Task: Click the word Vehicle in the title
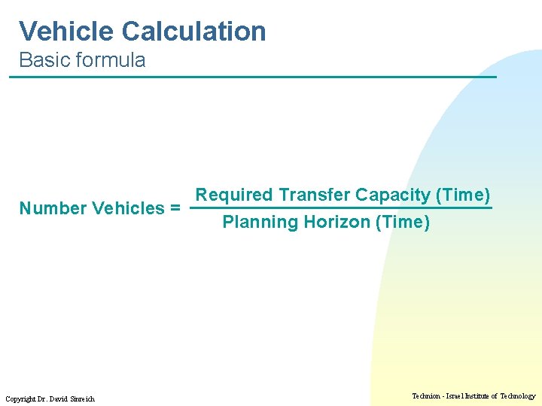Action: click(x=66, y=32)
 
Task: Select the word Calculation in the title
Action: click(x=193, y=32)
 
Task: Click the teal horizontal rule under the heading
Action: click(x=256, y=77)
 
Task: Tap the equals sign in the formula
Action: click(x=175, y=208)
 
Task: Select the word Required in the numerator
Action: click(x=234, y=195)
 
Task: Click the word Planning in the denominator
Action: click(x=260, y=223)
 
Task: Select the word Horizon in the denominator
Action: click(x=337, y=223)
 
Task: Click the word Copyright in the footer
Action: click(x=20, y=398)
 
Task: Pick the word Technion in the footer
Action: click(x=428, y=395)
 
